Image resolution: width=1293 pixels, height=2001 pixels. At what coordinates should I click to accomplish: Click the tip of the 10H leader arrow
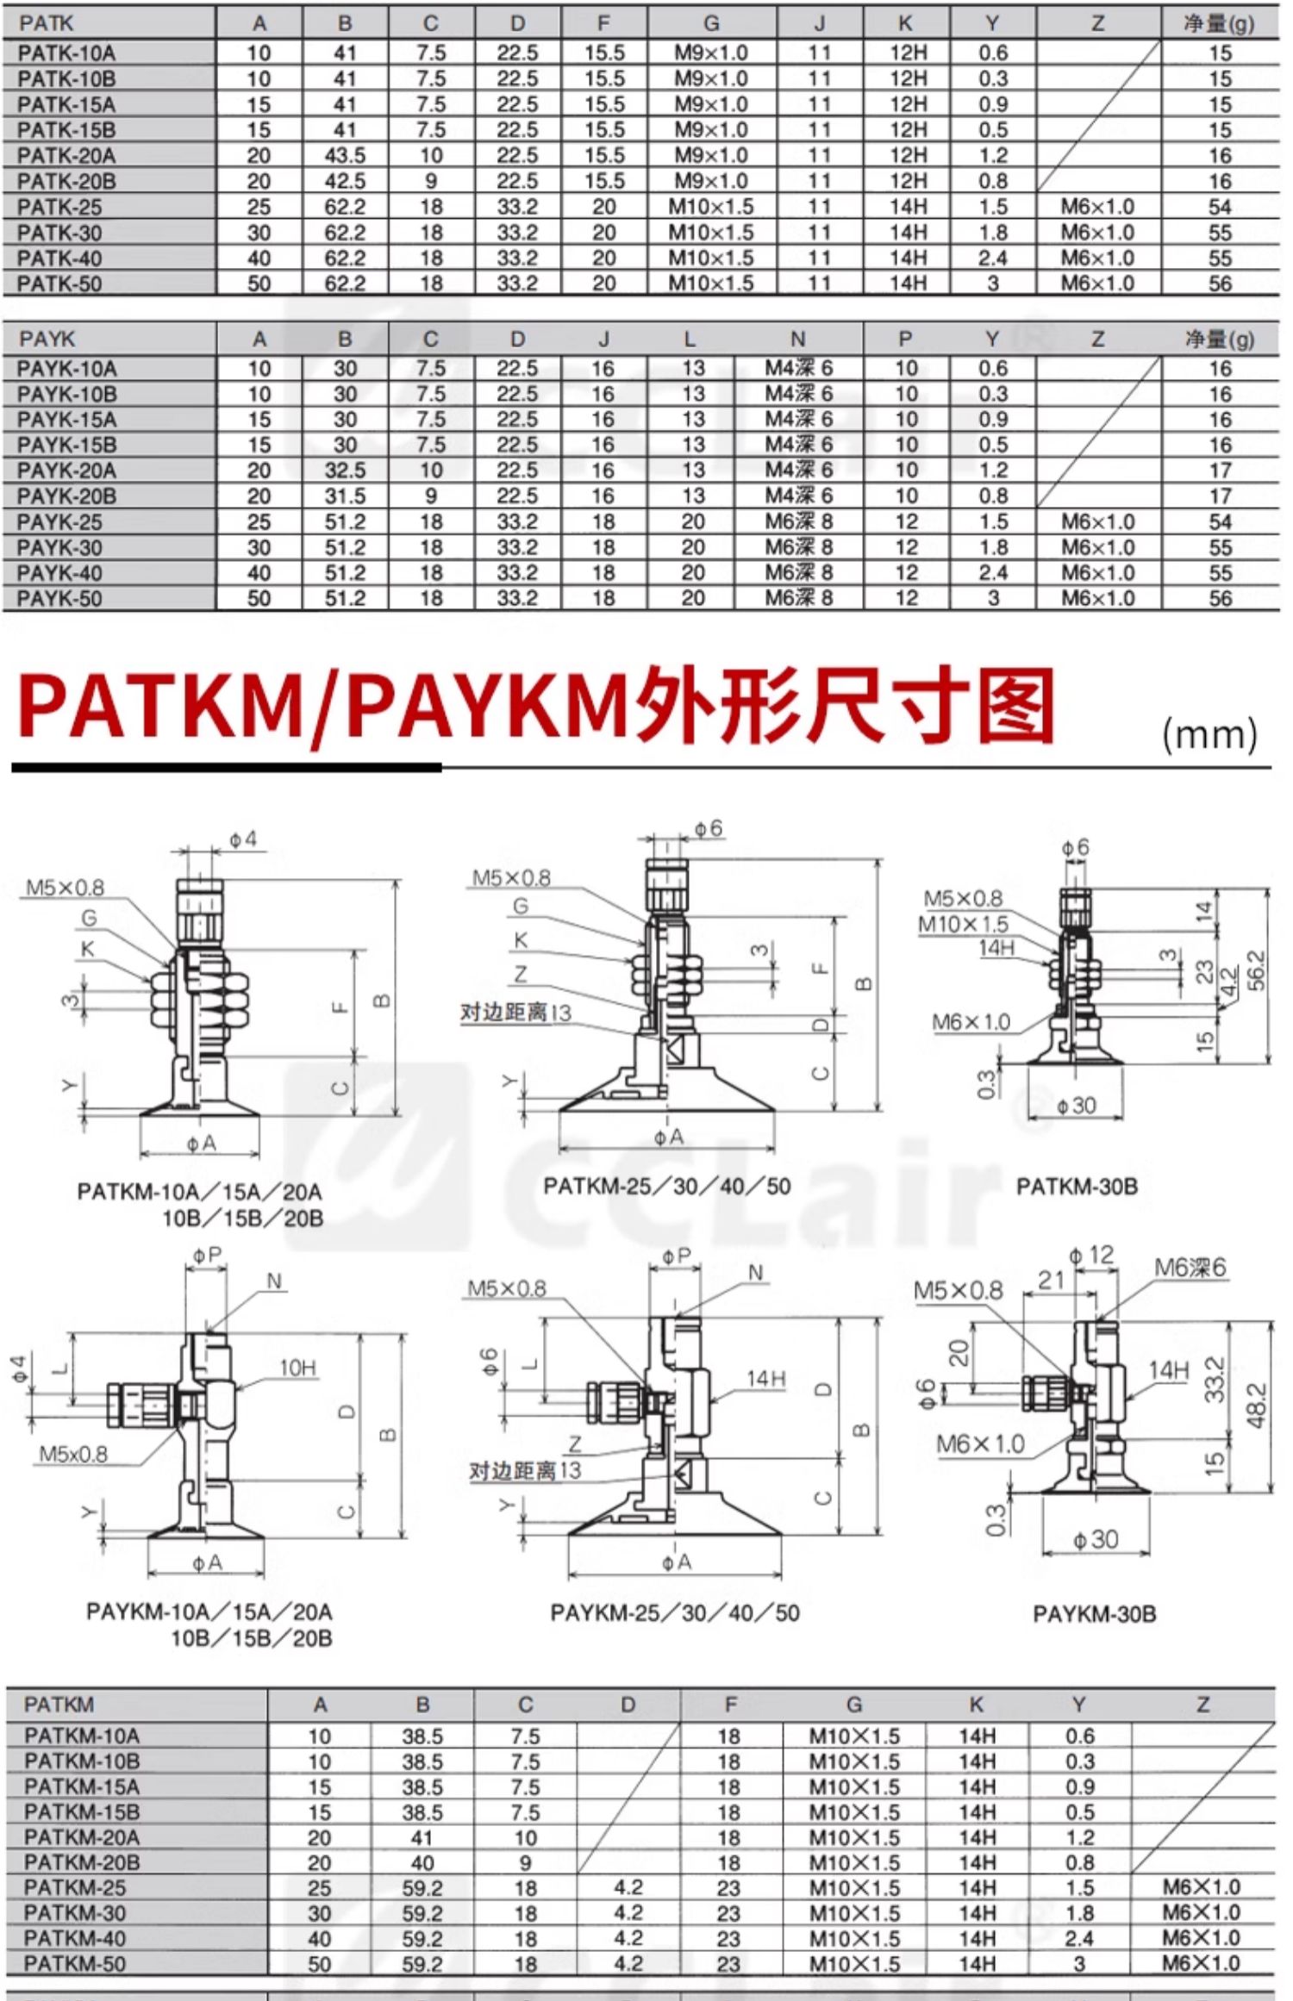click(x=234, y=1388)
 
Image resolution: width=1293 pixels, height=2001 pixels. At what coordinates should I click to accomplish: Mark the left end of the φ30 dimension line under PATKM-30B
click(x=1029, y=1119)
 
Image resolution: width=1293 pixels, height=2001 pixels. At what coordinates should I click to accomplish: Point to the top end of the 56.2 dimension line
click(x=1268, y=890)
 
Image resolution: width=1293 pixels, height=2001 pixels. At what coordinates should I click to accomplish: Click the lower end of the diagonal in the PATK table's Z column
click(x=1039, y=190)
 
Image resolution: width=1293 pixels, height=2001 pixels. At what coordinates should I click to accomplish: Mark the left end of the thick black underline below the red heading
click(x=12, y=766)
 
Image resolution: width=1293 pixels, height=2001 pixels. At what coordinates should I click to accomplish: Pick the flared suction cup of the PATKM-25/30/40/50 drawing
click(x=667, y=1090)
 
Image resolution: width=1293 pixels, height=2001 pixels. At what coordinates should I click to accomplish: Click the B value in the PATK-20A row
click(x=345, y=156)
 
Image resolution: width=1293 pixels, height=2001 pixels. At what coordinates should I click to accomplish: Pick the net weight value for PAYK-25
click(x=1220, y=522)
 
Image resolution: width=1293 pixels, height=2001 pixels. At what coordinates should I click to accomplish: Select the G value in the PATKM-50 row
click(x=853, y=1964)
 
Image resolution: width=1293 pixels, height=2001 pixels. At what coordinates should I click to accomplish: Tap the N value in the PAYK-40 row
click(x=799, y=573)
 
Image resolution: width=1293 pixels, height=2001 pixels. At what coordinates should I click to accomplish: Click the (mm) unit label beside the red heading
click(x=1209, y=735)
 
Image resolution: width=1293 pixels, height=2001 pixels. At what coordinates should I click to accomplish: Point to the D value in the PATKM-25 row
click(x=628, y=1887)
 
